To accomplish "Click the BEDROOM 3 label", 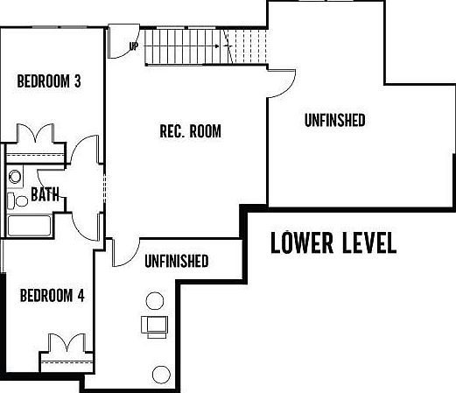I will click(50, 82).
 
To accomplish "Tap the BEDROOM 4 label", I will click(52, 296).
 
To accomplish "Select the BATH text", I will click(45, 195).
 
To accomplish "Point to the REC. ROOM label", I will click(190, 132).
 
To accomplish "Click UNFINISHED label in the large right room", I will click(334, 120).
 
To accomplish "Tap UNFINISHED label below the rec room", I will click(176, 261).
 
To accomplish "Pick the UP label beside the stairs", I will click(134, 46).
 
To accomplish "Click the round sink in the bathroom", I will click(15, 177).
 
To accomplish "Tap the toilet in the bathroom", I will click(12, 200).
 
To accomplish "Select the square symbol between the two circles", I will click(156, 326).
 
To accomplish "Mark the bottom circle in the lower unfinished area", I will click(160, 375).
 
